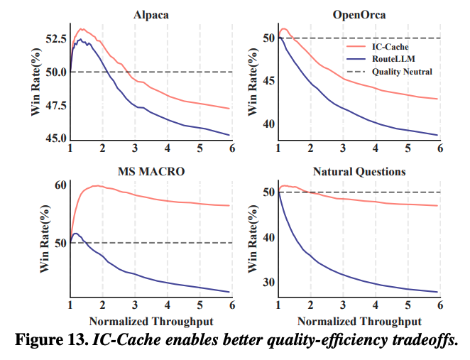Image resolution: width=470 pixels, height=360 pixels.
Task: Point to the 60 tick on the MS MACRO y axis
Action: pos(59,185)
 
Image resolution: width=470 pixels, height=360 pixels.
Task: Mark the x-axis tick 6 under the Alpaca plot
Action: pos(231,148)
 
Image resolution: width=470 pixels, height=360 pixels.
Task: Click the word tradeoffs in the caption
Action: pos(424,339)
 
